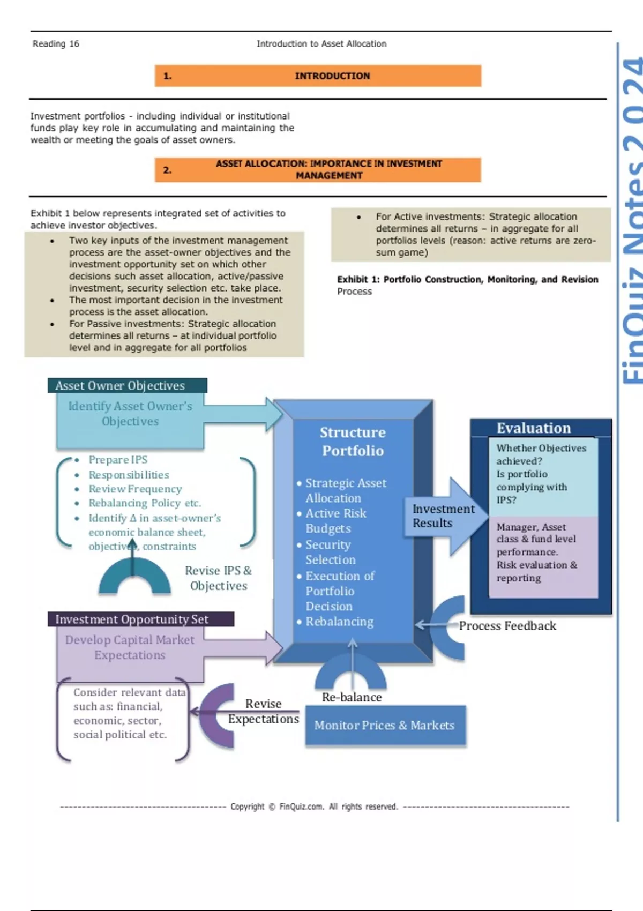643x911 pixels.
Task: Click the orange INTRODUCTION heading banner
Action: (318, 76)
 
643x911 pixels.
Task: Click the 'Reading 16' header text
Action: (56, 44)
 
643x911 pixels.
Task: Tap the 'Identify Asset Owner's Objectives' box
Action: (130, 414)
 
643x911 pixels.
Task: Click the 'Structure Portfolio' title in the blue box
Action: (353, 441)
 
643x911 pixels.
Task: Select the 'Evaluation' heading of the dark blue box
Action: (533, 428)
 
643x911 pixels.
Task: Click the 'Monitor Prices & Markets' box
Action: (385, 726)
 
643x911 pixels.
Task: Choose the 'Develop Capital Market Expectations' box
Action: (130, 647)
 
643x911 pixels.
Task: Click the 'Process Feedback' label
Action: (507, 626)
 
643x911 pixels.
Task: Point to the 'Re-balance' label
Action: (352, 697)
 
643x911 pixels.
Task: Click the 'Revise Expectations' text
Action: (264, 711)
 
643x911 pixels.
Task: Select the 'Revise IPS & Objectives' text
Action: (219, 578)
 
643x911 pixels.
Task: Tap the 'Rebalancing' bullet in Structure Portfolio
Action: (339, 622)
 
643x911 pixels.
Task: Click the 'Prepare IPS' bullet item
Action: (118, 460)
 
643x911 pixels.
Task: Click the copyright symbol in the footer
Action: (272, 807)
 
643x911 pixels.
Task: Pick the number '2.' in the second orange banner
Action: (168, 170)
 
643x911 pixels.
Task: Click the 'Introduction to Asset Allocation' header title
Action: (321, 44)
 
